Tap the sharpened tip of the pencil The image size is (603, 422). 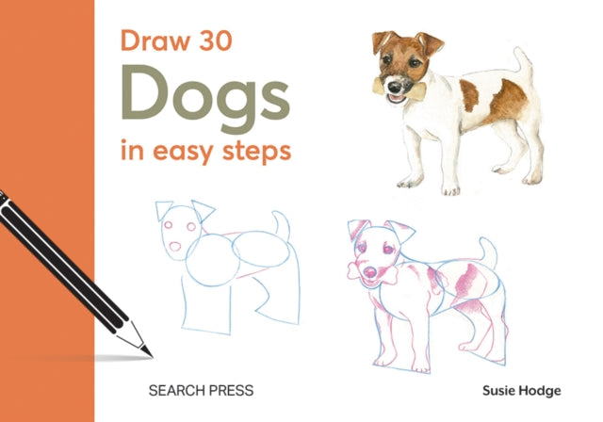click(x=146, y=350)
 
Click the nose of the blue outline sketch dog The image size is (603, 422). click(x=176, y=247)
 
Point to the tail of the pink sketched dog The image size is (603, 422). click(x=488, y=252)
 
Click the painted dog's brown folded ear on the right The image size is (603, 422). click(x=432, y=42)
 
